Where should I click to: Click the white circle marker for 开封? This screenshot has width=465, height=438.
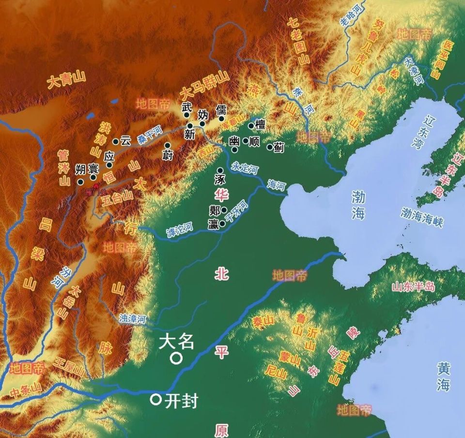(155, 399)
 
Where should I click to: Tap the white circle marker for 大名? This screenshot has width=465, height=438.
(175, 359)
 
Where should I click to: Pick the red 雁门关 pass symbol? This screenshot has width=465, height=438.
(96, 186)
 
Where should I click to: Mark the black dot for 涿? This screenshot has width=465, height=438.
(220, 171)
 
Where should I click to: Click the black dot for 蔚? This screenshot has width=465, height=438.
(167, 145)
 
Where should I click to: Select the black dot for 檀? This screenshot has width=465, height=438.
(251, 126)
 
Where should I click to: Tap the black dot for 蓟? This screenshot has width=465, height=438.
(270, 146)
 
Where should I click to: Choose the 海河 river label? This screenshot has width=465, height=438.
(277, 184)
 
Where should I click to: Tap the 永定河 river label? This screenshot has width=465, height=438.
(245, 168)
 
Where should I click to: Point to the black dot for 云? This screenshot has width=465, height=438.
(116, 141)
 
